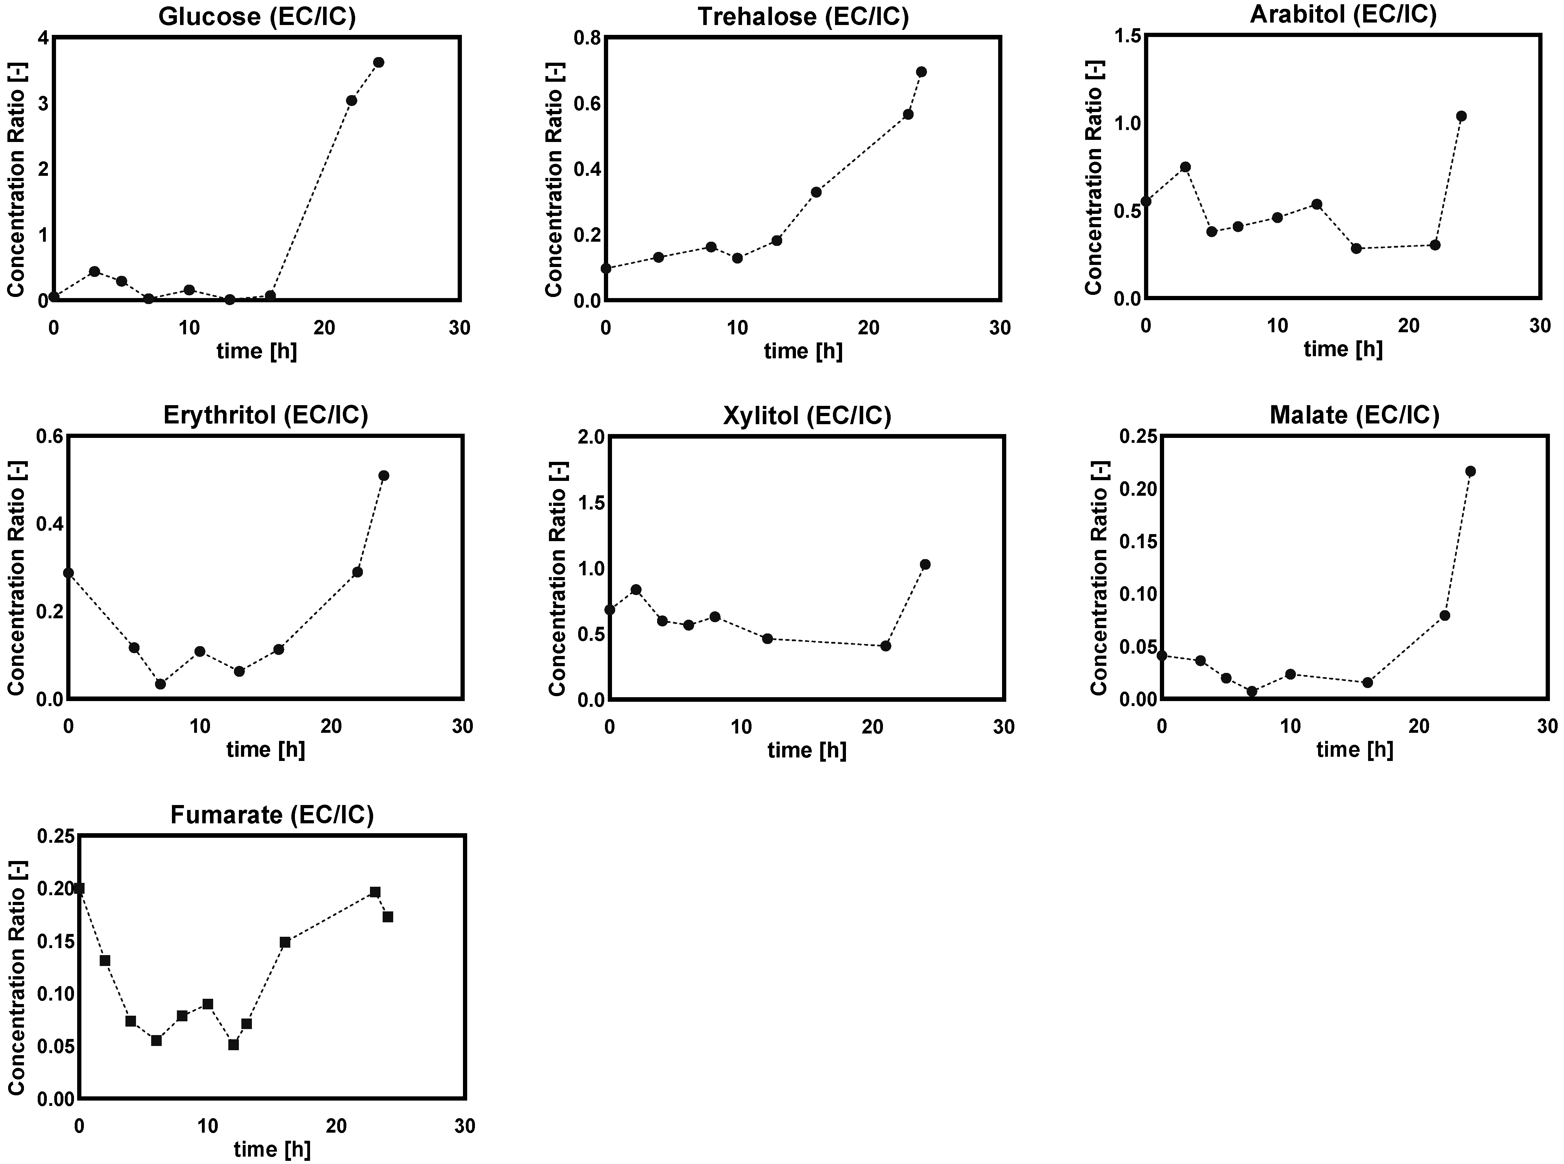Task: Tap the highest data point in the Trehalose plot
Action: (921, 72)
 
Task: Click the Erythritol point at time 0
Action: (68, 573)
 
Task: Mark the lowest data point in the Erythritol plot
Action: (161, 683)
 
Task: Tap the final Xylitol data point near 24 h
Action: (925, 564)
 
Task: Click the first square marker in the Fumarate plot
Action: (79, 889)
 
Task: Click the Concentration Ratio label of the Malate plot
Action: (1099, 578)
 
